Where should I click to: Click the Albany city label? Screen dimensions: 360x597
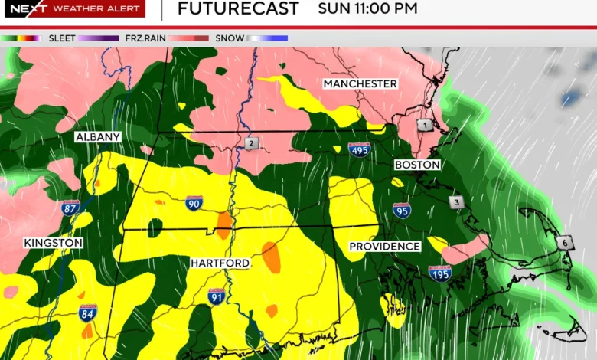pyautogui.click(x=98, y=137)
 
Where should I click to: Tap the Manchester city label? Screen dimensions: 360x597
pyautogui.click(x=360, y=83)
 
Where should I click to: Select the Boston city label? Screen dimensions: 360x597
pyautogui.click(x=417, y=165)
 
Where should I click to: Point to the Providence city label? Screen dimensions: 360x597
pyautogui.click(x=384, y=247)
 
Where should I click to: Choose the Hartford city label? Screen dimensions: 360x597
pyautogui.click(x=220, y=263)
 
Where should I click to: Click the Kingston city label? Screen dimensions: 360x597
pyautogui.click(x=53, y=243)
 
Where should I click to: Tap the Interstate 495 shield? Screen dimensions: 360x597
pyautogui.click(x=358, y=149)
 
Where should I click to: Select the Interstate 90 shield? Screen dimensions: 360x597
pyautogui.click(x=194, y=203)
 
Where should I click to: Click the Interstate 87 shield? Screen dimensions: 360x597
pyautogui.click(x=71, y=207)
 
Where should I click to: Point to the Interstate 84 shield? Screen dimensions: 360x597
pyautogui.click(x=88, y=312)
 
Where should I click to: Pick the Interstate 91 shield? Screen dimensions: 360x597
pyautogui.click(x=217, y=296)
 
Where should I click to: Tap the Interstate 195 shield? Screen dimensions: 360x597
pyautogui.click(x=440, y=273)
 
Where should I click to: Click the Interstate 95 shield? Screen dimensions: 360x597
pyautogui.click(x=402, y=211)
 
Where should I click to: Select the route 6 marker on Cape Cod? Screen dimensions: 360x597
pyautogui.click(x=565, y=242)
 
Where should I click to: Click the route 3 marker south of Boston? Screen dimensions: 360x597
pyautogui.click(x=457, y=202)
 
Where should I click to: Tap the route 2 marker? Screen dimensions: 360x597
pyautogui.click(x=251, y=143)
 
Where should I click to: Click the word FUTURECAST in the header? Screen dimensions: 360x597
pyautogui.click(x=238, y=9)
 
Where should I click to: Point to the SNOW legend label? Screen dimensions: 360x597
pyautogui.click(x=230, y=38)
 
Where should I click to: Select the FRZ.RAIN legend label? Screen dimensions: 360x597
pyautogui.click(x=148, y=38)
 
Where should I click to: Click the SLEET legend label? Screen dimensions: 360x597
pyautogui.click(x=62, y=38)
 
